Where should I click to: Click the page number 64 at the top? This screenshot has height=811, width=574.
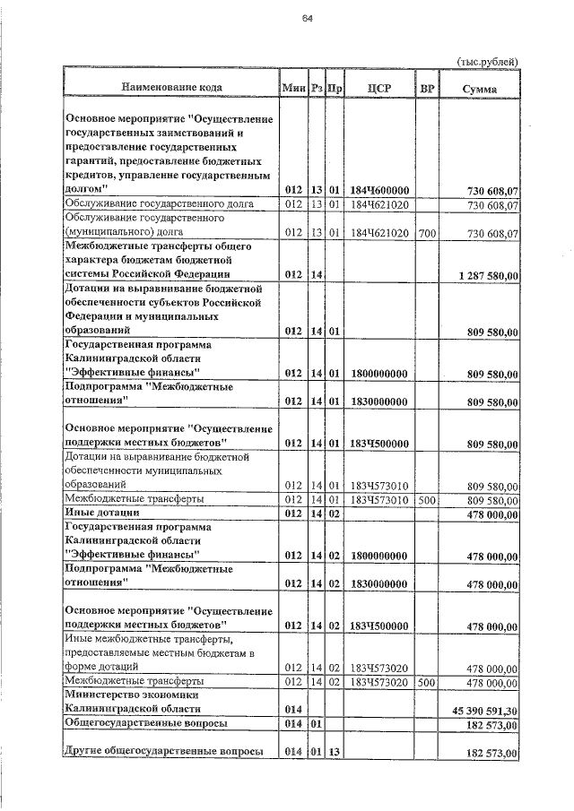[x=307, y=19]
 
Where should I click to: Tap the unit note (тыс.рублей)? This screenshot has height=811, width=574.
[x=488, y=61]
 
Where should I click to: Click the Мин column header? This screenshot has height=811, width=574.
[x=293, y=88]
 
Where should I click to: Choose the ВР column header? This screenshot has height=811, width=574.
[x=427, y=88]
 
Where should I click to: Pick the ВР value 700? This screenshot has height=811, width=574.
[x=427, y=233]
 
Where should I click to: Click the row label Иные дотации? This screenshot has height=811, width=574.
[x=97, y=513]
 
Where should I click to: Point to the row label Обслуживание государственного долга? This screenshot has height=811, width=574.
[x=159, y=204]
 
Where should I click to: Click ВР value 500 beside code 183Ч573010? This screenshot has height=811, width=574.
[x=427, y=498]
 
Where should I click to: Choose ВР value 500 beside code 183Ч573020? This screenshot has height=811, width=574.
[x=427, y=681]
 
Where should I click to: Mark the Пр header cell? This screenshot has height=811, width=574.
[x=335, y=88]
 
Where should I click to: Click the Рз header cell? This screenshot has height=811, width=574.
[x=317, y=88]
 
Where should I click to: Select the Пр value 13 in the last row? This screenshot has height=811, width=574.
[x=335, y=753]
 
